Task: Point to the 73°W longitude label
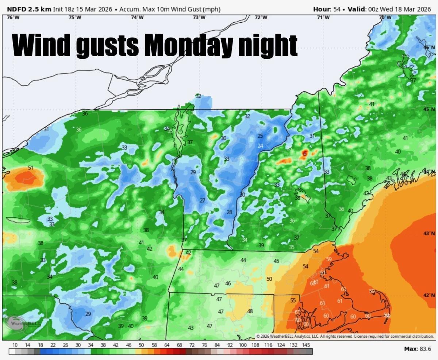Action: (x=199, y=18)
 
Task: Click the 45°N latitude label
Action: (x=429, y=109)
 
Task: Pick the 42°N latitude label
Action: (x=429, y=295)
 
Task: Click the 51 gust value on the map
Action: (x=31, y=168)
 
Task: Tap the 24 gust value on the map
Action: (x=260, y=146)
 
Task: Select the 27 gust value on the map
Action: (x=202, y=201)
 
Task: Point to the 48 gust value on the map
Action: (x=250, y=311)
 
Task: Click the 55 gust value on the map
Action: (x=293, y=300)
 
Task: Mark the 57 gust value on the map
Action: (x=413, y=80)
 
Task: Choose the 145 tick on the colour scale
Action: (x=306, y=345)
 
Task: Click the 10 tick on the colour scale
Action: (x=15, y=345)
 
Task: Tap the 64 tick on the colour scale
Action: (x=167, y=345)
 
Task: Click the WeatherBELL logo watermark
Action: (x=24, y=323)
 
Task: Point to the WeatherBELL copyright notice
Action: (x=345, y=336)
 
